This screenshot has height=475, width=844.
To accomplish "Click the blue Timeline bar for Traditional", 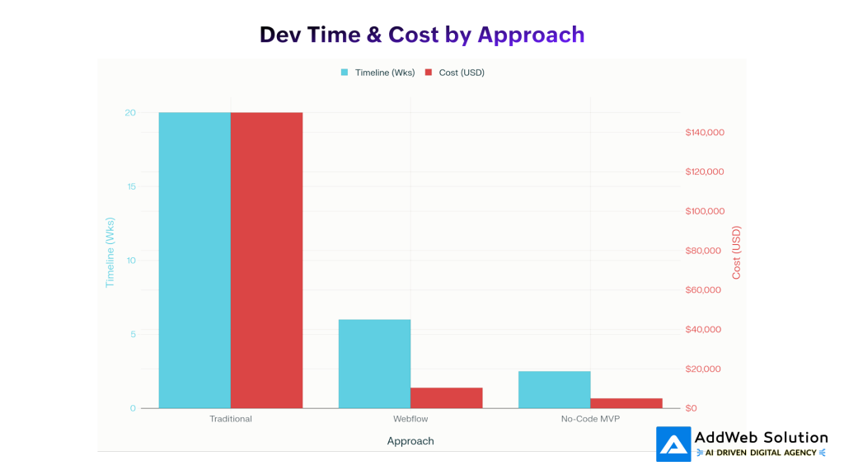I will [x=195, y=260].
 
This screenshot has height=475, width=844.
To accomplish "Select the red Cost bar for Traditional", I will [x=266, y=260].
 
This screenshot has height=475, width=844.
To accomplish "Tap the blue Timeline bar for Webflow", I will [x=374, y=363].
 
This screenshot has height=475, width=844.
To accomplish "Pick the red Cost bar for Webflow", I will [x=446, y=397].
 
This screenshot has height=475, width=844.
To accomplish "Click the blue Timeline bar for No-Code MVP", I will [x=554, y=389].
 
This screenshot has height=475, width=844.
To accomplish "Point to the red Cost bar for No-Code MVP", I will [x=626, y=402].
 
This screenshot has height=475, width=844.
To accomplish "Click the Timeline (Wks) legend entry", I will [x=377, y=73].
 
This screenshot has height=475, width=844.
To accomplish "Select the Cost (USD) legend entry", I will [x=455, y=73].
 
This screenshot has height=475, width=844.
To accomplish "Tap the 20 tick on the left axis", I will [x=130, y=113].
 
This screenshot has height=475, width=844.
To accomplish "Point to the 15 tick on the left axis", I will [x=130, y=186].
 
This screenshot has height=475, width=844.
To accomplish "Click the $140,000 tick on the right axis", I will [x=704, y=133].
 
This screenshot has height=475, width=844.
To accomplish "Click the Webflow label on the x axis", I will [x=410, y=419].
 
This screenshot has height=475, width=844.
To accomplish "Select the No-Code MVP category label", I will [x=590, y=419].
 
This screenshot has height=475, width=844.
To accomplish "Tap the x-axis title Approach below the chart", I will [x=410, y=441].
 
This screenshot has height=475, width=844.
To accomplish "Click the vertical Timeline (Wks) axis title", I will [x=110, y=252].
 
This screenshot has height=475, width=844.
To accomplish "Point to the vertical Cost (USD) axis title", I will [x=737, y=252].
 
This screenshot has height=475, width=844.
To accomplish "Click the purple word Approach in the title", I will [x=531, y=35].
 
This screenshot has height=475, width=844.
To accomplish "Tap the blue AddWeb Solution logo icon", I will [x=673, y=444].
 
